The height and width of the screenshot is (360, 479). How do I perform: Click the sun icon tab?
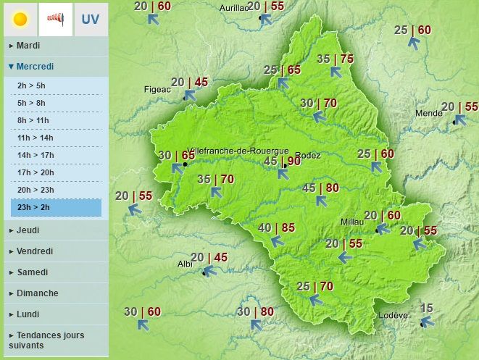[x=20, y=20]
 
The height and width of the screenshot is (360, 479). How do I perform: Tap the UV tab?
[x=90, y=20]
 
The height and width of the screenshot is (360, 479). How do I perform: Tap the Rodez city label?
[x=309, y=155]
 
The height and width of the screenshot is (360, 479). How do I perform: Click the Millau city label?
[x=353, y=222]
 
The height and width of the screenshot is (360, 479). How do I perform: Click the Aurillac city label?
[x=233, y=9]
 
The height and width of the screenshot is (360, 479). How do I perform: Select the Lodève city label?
[x=394, y=316]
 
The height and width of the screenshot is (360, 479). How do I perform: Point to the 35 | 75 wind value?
[x=335, y=59]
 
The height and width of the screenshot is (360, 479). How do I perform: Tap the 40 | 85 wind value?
[x=276, y=228]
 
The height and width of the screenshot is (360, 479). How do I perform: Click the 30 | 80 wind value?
[x=255, y=312]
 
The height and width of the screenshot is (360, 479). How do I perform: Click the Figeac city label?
[x=157, y=89]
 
